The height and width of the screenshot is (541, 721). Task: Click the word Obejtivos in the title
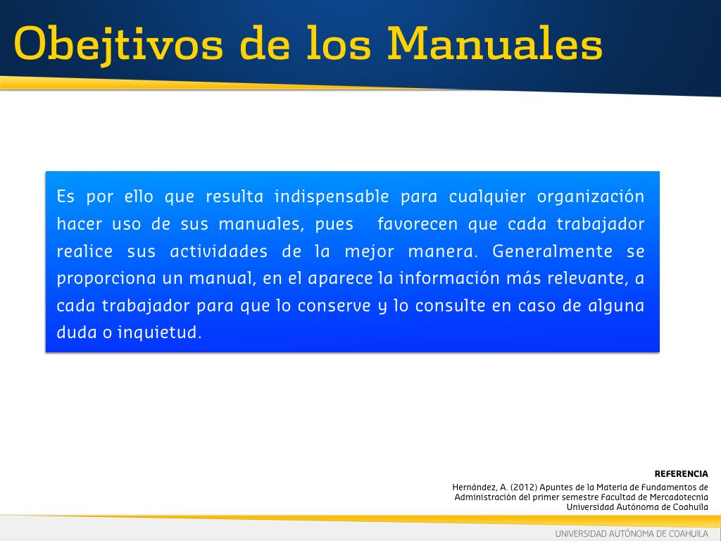(x=118, y=44)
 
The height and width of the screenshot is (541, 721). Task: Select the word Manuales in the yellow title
(x=495, y=43)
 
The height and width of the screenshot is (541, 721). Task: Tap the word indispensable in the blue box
(x=332, y=197)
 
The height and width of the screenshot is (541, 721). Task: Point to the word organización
(x=591, y=197)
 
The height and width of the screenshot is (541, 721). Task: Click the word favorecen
(x=418, y=224)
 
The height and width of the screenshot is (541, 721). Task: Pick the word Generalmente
(x=552, y=251)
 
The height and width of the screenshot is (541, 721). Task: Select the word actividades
(x=219, y=251)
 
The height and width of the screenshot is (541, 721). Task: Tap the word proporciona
(x=106, y=279)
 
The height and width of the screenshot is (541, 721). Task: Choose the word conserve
(x=334, y=306)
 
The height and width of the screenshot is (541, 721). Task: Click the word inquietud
(x=160, y=332)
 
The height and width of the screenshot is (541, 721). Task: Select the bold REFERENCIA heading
(x=681, y=474)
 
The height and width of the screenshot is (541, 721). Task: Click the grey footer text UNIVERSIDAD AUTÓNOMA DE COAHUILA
(x=632, y=534)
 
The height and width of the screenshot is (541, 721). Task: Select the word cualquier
(x=487, y=197)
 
